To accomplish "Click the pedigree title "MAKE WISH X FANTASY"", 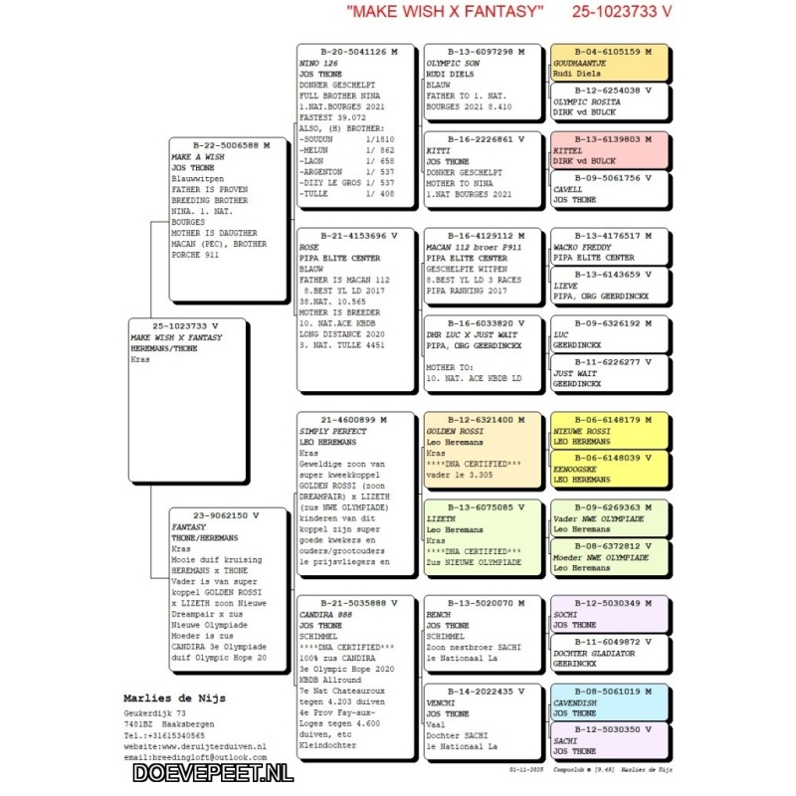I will click(445, 12).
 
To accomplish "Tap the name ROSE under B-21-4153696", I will click(309, 247).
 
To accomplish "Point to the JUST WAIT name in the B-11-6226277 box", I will click(573, 373).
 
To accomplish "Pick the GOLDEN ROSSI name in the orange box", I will click(458, 431).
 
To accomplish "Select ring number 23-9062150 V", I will click(228, 515).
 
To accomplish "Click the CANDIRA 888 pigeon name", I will click(325, 614).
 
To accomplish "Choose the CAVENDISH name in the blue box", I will click(576, 701).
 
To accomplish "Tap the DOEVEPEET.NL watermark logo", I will click(213, 771).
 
